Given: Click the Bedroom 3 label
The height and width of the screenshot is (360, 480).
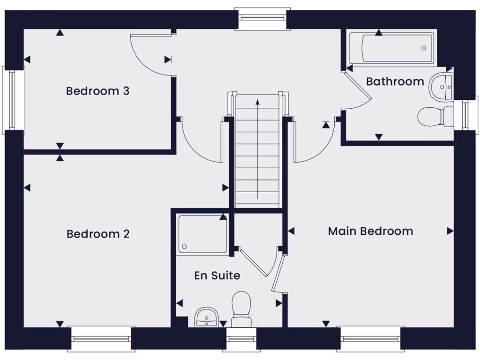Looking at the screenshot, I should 97,90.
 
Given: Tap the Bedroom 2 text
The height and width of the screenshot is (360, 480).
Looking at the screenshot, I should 98,233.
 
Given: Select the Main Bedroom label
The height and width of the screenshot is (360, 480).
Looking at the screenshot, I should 370,231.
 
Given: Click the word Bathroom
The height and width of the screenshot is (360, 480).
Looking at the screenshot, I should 395,82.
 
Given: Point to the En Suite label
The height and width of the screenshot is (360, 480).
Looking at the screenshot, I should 217,276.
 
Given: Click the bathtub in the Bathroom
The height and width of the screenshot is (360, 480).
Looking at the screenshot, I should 392,48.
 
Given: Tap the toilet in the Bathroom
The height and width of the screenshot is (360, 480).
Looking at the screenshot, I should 434,117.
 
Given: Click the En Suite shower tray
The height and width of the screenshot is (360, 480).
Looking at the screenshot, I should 202,234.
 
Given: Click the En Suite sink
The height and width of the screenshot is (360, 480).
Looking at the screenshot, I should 206,317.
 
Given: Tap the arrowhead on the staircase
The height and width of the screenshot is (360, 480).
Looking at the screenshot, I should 257,101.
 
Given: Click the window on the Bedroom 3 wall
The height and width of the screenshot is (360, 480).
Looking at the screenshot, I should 13,100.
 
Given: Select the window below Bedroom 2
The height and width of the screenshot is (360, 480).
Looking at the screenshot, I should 101,338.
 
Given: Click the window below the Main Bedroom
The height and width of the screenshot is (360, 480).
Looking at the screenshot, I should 370,338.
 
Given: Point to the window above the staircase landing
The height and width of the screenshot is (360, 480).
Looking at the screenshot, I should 262,19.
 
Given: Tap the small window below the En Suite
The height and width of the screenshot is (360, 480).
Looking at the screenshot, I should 241,338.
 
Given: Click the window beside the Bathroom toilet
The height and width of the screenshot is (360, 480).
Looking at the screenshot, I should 465,115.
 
